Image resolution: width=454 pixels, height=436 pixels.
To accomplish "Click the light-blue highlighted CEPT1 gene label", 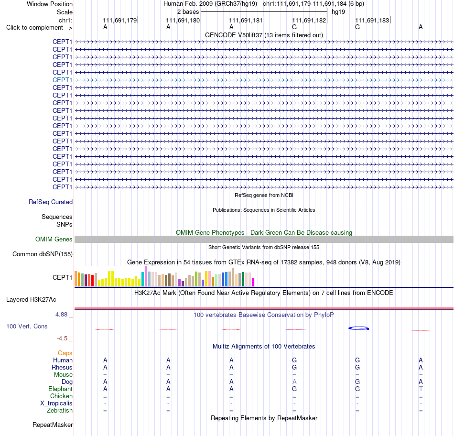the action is click(62, 80).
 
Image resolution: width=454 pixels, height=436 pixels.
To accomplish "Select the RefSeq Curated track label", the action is click(51, 202).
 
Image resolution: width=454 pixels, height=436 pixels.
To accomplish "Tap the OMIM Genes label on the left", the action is click(54, 240).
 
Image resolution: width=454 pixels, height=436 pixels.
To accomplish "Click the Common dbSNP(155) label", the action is click(43, 254).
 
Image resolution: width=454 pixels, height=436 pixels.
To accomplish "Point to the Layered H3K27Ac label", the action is click(31, 300).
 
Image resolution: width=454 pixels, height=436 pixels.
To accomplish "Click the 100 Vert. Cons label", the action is click(27, 326).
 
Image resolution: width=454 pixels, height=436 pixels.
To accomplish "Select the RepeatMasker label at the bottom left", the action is click(53, 425).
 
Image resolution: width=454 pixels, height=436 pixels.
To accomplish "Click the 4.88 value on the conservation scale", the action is click(61, 315).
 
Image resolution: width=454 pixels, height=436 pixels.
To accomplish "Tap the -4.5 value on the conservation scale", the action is click(62, 338).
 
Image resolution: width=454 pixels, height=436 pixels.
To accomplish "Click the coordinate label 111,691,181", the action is click(246, 20).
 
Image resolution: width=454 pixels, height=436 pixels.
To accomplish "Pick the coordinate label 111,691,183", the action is click(372, 20).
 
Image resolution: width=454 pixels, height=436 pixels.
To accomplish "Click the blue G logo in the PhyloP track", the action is click(358, 328).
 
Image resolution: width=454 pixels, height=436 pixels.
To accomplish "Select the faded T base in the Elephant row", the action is click(421, 389).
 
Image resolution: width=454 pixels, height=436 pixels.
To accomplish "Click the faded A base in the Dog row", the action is click(294, 381).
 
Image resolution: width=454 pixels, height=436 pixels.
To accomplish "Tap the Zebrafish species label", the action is click(60, 411).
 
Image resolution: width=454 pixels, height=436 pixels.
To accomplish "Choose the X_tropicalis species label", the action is click(56, 403).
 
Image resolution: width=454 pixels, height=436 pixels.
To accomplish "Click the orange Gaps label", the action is click(65, 353).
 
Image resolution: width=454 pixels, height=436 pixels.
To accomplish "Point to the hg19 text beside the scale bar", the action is click(338, 12).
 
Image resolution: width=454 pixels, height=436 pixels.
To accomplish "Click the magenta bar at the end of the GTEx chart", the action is click(253, 282).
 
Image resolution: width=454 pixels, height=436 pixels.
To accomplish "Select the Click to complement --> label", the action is click(39, 28).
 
